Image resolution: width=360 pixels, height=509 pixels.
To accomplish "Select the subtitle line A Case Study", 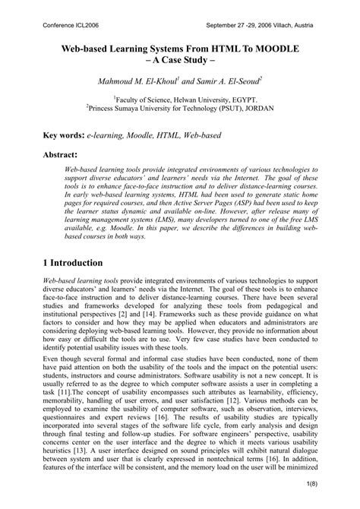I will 180,62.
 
